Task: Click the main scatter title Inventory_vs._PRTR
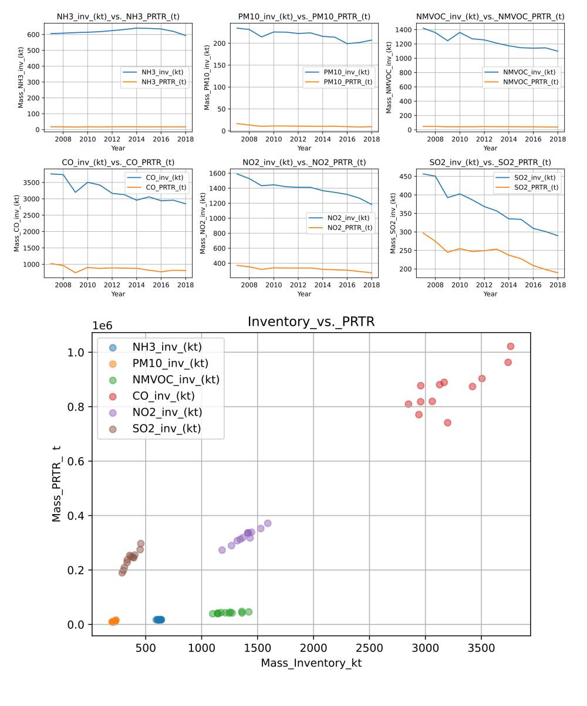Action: (311, 322)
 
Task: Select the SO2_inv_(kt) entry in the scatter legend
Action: (166, 428)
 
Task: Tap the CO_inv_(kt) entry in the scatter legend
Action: (163, 396)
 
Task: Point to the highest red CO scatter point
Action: (510, 346)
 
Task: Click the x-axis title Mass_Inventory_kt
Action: (311, 663)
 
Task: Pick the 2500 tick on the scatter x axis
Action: (369, 647)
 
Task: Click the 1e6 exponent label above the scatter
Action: (102, 326)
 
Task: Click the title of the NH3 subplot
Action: (118, 17)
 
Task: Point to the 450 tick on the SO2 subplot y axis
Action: (404, 176)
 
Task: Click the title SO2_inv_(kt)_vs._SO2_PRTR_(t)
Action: (490, 163)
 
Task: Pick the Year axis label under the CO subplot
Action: (118, 294)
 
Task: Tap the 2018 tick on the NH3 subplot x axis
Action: (185, 139)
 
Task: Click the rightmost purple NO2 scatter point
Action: (268, 523)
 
